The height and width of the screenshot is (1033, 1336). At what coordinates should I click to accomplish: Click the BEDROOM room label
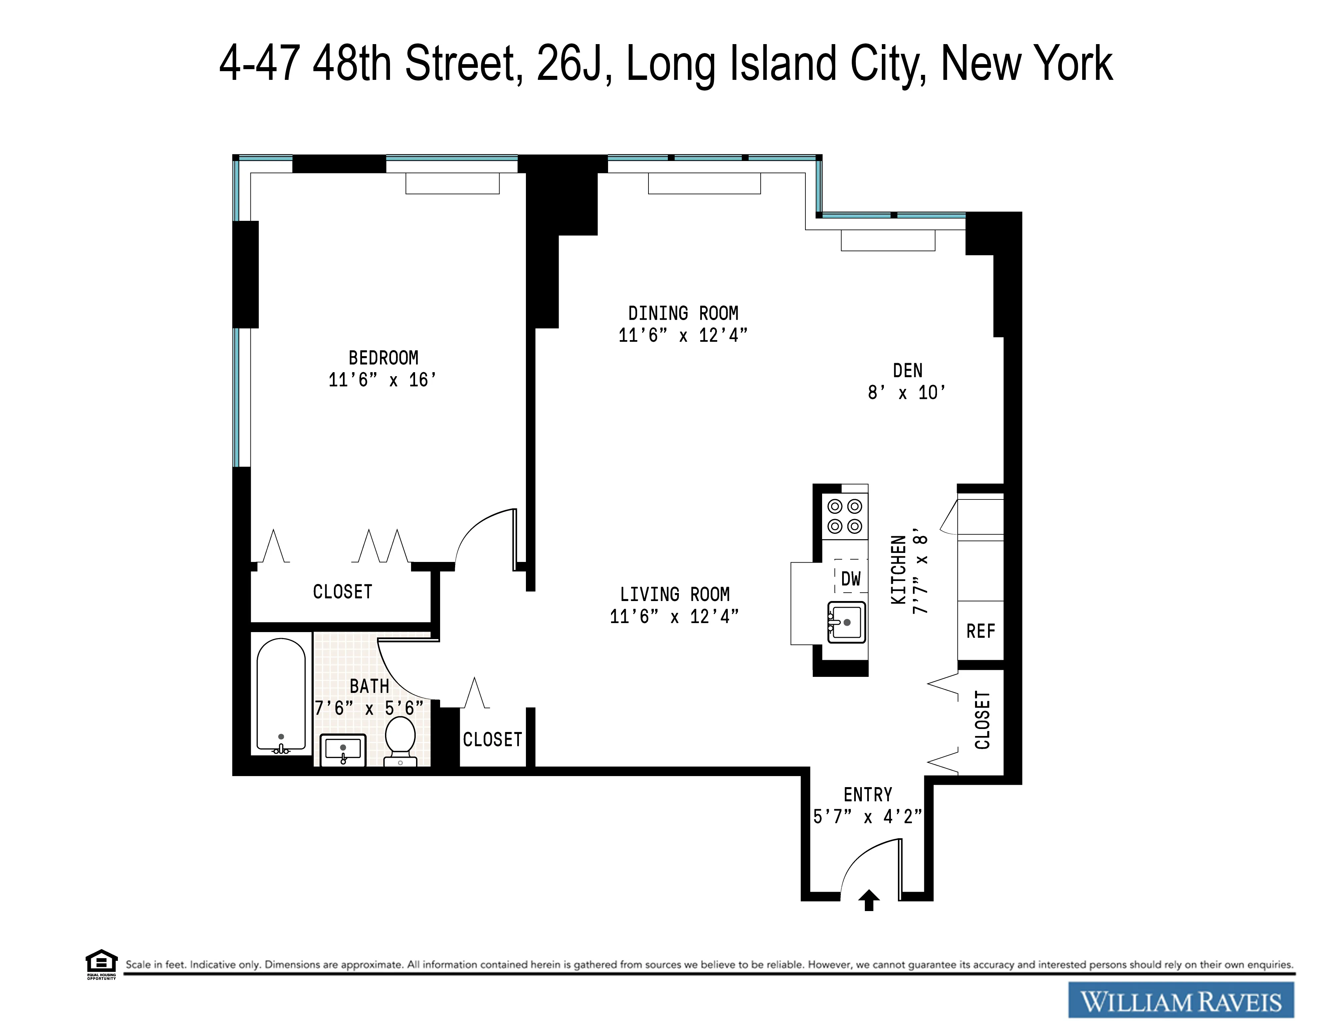384,358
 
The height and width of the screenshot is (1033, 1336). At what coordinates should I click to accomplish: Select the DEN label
907,371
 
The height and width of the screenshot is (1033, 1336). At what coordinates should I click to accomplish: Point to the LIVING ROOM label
675,594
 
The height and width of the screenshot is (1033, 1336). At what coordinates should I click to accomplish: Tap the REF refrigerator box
981,631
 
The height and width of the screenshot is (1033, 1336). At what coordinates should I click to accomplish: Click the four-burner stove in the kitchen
845,516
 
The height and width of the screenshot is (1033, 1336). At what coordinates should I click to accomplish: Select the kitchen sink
846,622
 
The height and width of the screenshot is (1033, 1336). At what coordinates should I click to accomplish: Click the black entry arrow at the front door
869,900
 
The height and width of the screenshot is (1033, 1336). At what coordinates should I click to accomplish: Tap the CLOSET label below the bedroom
343,592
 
